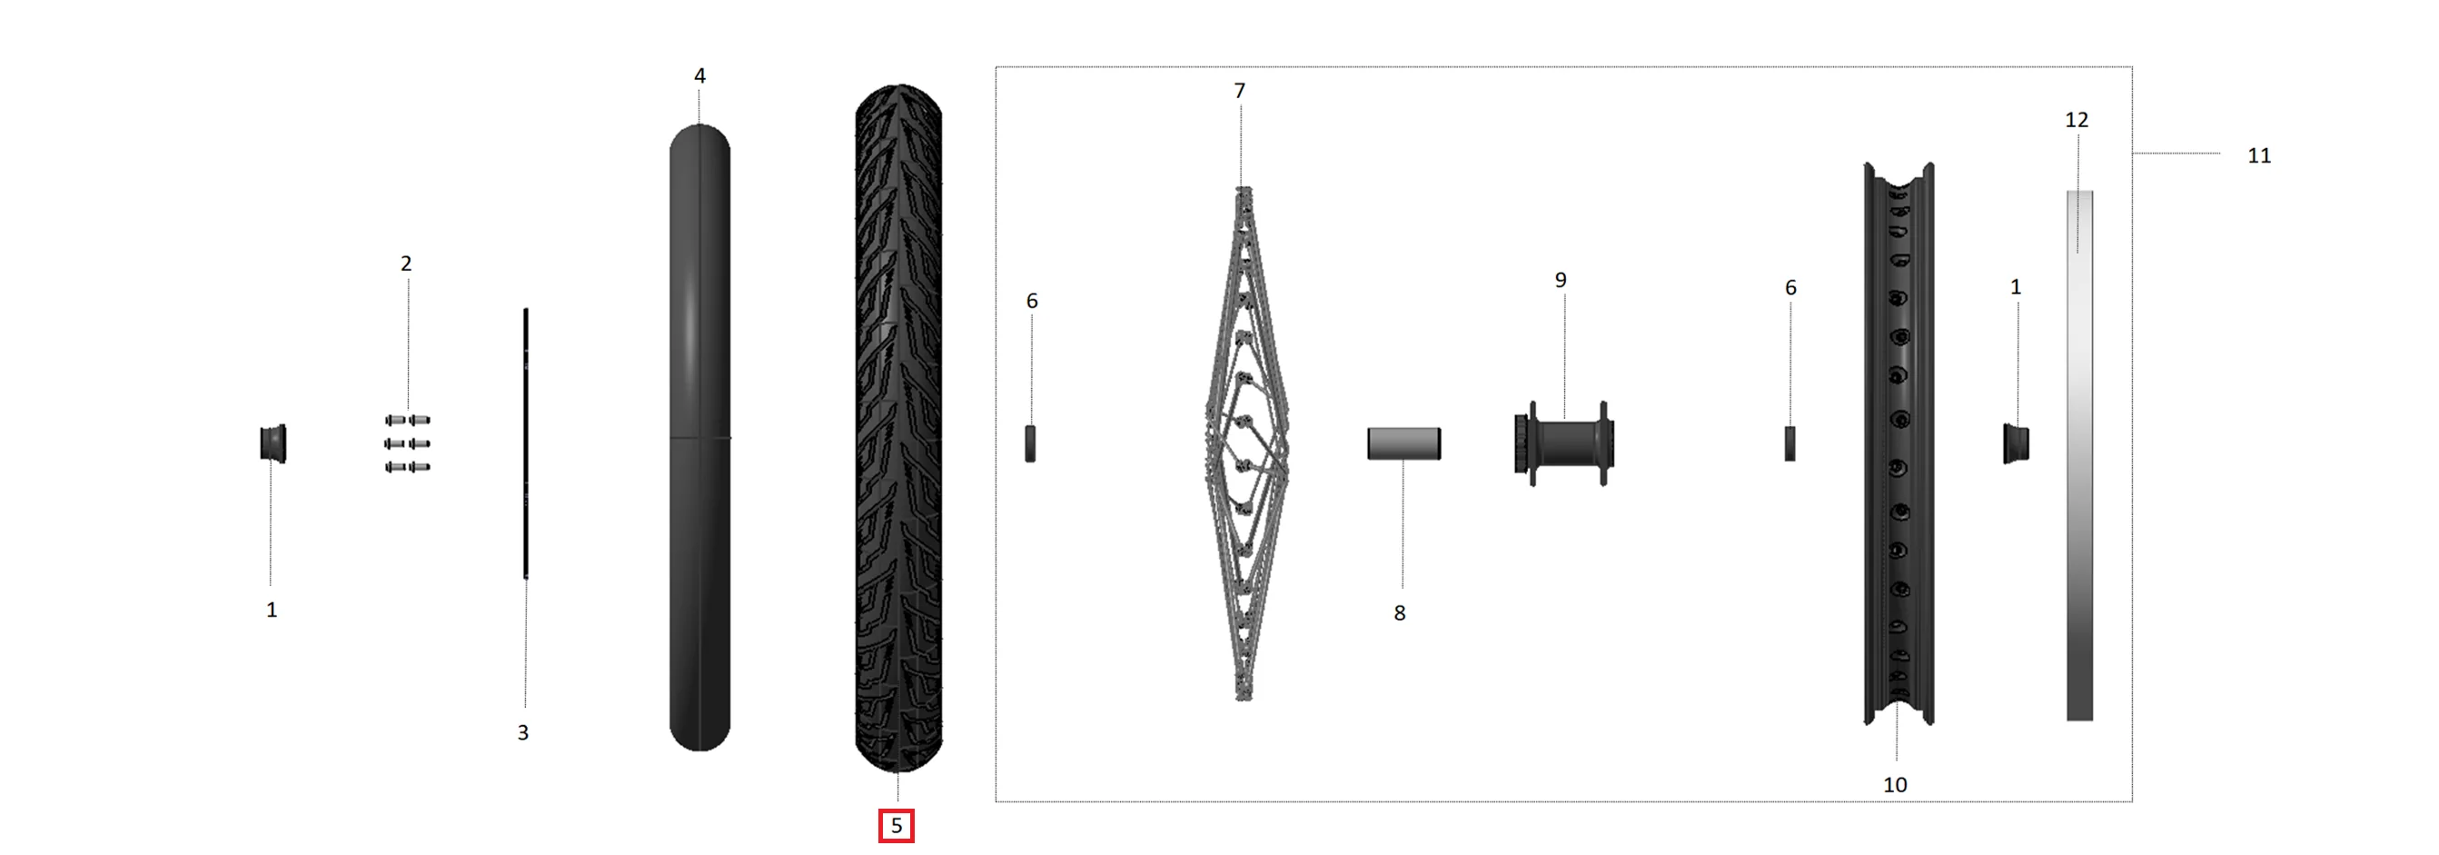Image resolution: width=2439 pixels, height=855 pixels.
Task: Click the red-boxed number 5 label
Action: pyautogui.click(x=896, y=826)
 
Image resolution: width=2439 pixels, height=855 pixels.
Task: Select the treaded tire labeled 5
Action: pyautogui.click(x=898, y=428)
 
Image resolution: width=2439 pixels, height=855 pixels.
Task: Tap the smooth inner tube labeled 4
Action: pyautogui.click(x=699, y=437)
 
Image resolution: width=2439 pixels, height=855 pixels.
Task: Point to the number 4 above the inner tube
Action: pyautogui.click(x=699, y=75)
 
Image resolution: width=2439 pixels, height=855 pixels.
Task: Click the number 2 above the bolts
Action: pyautogui.click(x=406, y=263)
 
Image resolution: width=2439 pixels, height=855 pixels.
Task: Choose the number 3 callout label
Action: pyautogui.click(x=522, y=732)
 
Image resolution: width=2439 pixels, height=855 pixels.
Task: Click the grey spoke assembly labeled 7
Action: pyautogui.click(x=1245, y=443)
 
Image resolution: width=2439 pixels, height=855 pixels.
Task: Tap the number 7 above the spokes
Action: pyautogui.click(x=1239, y=91)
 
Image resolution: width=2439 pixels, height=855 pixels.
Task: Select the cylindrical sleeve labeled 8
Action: pyautogui.click(x=1404, y=443)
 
